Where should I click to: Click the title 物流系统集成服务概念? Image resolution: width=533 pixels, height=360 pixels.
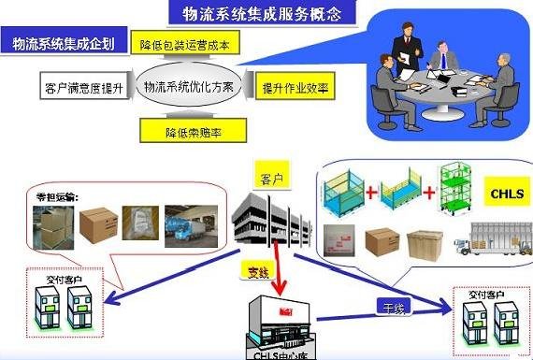(256, 13)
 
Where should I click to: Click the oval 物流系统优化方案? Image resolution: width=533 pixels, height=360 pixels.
(190, 88)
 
